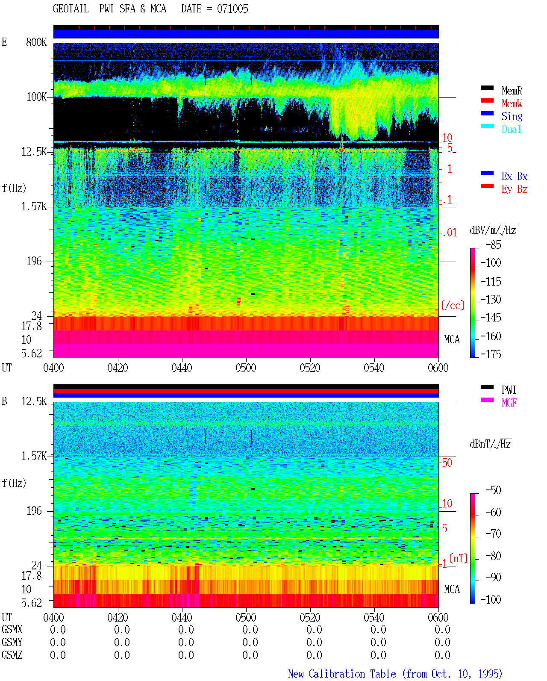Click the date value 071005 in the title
click(x=232, y=9)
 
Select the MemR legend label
click(x=512, y=91)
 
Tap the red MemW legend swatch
click(x=487, y=100)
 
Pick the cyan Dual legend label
click(x=512, y=129)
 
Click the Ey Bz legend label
click(x=515, y=189)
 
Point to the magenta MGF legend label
click(x=509, y=403)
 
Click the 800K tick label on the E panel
click(x=36, y=42)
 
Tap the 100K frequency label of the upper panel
click(x=36, y=97)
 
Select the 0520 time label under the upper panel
click(x=310, y=368)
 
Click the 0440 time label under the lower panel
click(x=182, y=617)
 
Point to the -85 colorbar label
click(x=493, y=245)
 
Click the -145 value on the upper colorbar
click(x=491, y=317)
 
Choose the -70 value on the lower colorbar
click(x=493, y=534)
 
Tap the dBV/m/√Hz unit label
click(x=493, y=230)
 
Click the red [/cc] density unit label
click(x=453, y=305)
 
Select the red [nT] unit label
click(x=459, y=558)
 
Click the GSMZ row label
click(x=12, y=655)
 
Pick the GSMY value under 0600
click(x=442, y=642)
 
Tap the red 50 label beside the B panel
click(x=447, y=463)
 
